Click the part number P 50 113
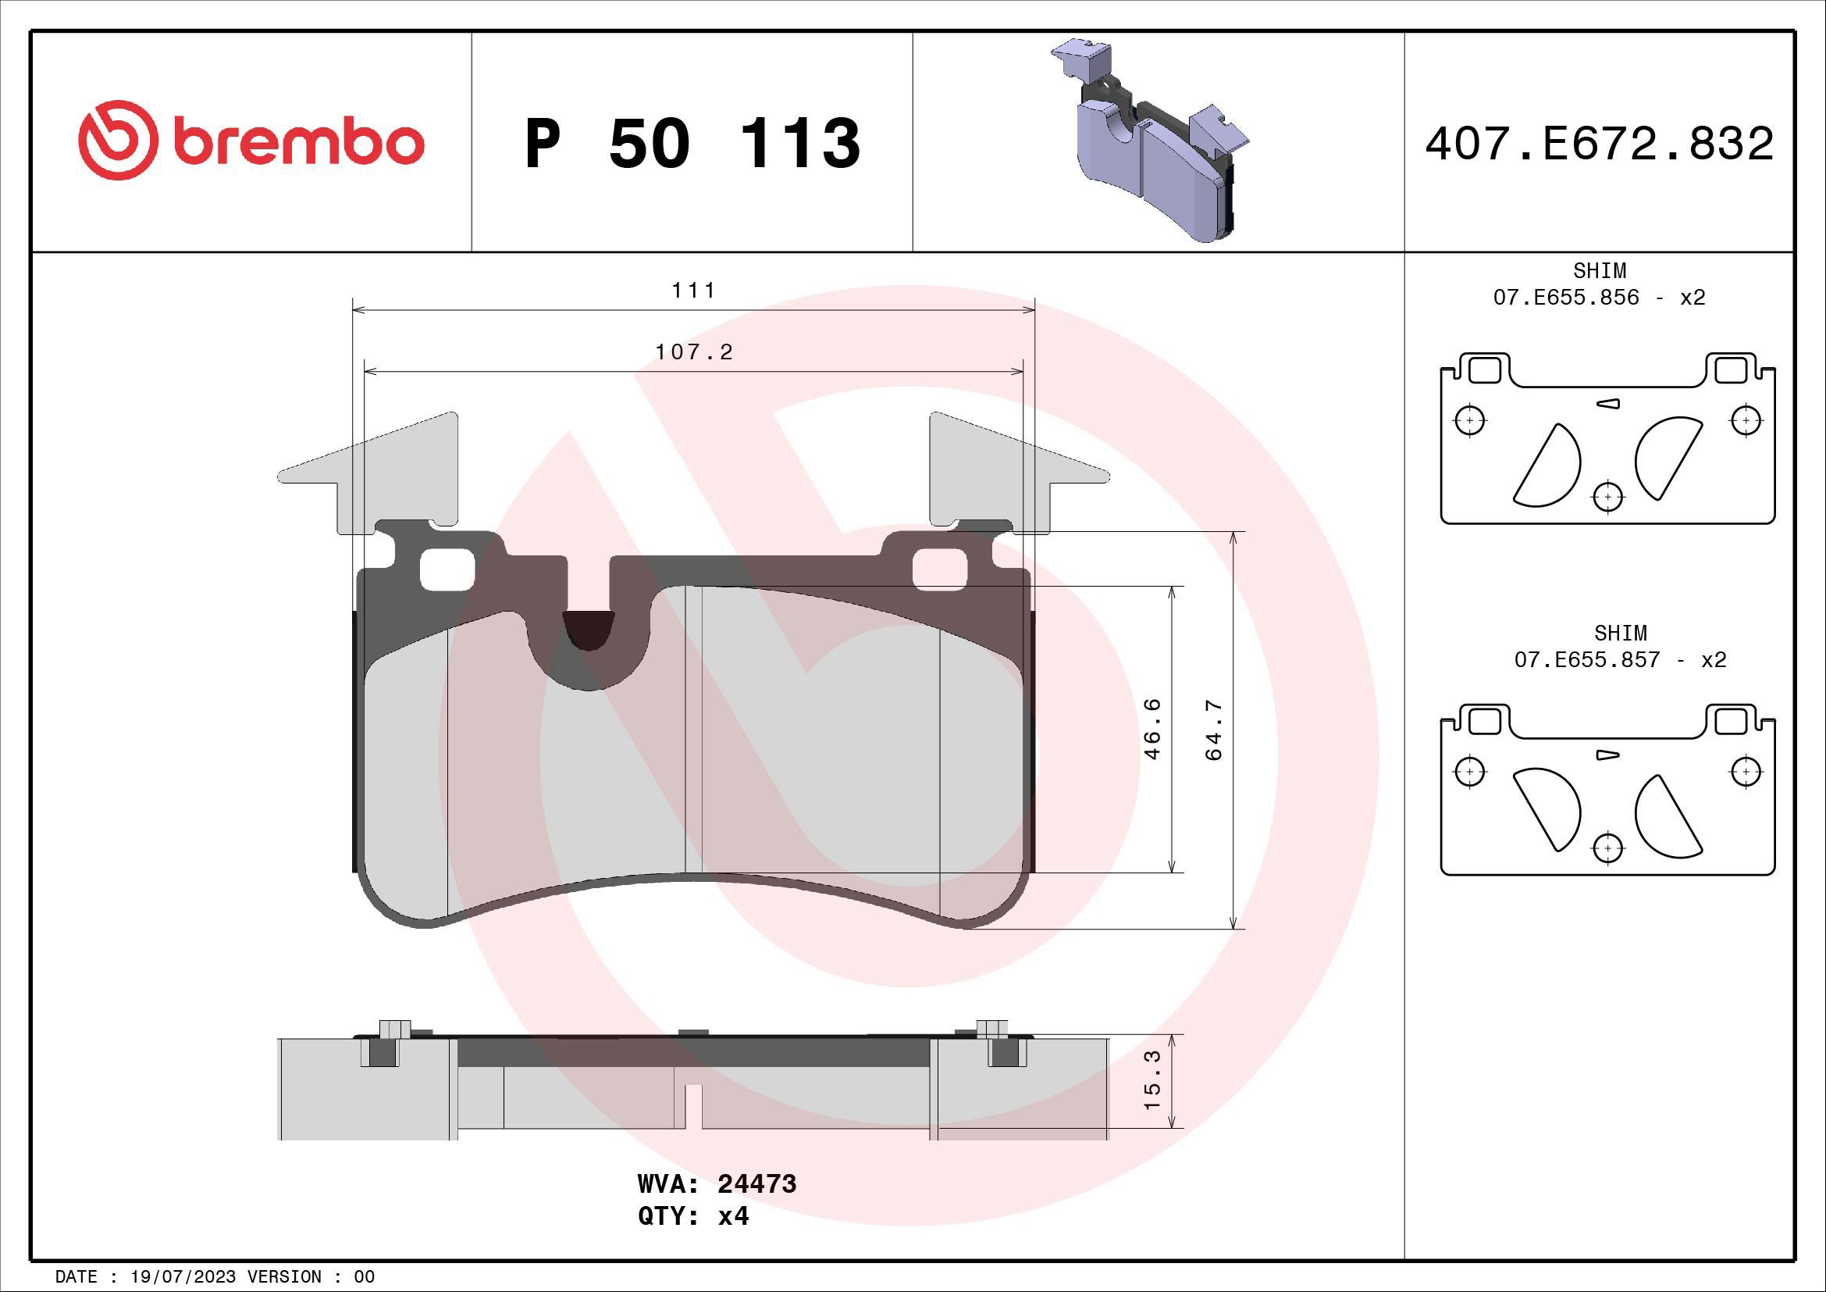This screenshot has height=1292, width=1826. (692, 144)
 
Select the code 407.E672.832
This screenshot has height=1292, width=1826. (1599, 144)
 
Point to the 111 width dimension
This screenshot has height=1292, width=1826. (693, 291)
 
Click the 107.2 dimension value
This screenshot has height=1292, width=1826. (693, 352)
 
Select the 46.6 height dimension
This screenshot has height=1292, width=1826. (1152, 729)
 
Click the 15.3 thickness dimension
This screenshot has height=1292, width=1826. (1152, 1080)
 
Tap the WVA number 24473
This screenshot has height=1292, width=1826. (756, 1183)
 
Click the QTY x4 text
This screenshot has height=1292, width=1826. (692, 1216)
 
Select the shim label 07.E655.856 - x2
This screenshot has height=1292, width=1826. (1599, 297)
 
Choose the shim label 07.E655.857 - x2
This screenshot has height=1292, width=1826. (1619, 659)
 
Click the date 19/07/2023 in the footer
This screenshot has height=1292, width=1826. (183, 1277)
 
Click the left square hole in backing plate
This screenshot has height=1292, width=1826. (447, 569)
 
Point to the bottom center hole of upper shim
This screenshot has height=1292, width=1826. (1608, 498)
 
